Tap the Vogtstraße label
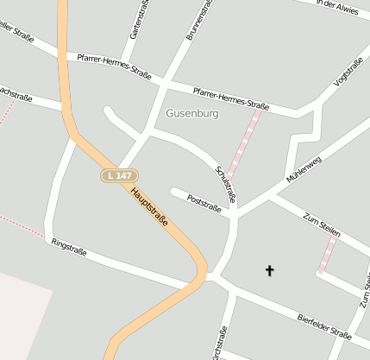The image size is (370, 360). [348, 73]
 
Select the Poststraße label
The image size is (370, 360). [204, 203]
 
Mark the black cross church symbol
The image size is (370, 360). [269, 271]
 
